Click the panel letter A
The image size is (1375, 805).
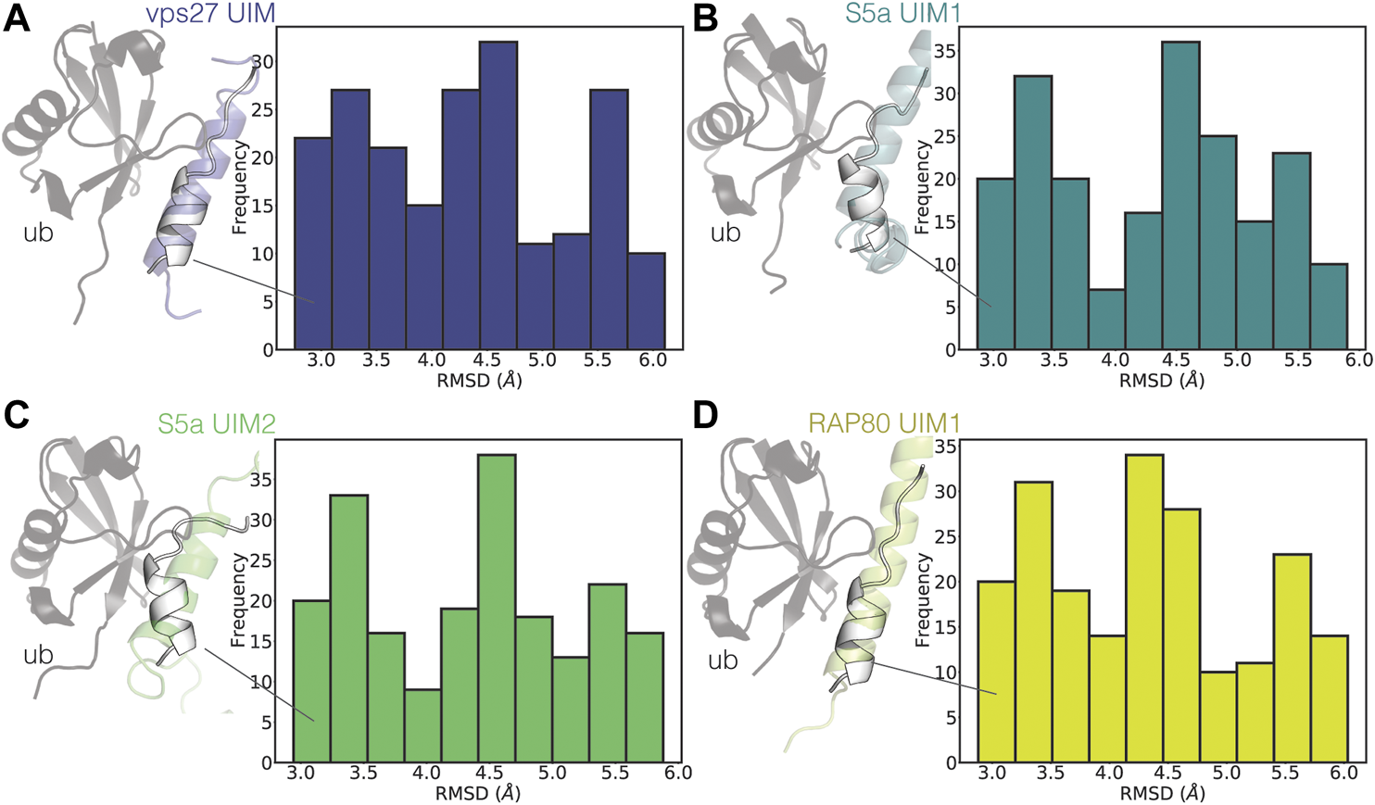(17, 19)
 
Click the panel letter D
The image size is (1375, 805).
(705, 416)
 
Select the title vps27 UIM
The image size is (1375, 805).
(210, 14)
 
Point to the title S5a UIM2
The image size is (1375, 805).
(217, 423)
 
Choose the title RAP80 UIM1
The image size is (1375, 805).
(884, 423)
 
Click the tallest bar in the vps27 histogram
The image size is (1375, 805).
(498, 195)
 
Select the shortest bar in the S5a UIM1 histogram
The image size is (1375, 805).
(1106, 320)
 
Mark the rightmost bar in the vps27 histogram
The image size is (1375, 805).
(646, 301)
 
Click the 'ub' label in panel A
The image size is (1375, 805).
(38, 233)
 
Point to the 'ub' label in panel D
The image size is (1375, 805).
(723, 660)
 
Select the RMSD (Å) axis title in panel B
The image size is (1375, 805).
(1162, 381)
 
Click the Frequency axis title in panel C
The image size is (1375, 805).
(238, 599)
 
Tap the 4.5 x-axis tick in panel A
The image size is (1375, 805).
(487, 359)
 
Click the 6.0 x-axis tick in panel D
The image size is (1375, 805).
(1343, 773)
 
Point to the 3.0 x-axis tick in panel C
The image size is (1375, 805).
(301, 773)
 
